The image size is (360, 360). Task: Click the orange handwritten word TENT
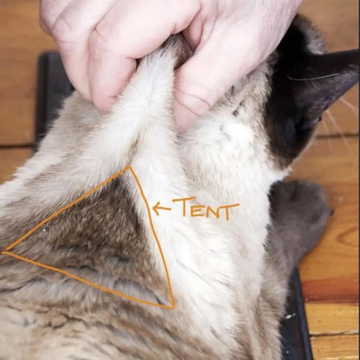(x=205, y=209)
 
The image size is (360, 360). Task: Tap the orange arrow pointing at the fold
(x=161, y=208)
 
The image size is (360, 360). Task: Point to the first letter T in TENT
(x=183, y=207)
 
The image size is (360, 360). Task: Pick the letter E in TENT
(x=198, y=209)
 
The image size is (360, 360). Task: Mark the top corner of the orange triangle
(x=130, y=167)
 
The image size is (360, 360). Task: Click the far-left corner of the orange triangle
(x=4, y=253)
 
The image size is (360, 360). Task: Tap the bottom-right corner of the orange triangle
(x=173, y=307)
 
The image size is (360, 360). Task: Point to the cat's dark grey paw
(x=299, y=225)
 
